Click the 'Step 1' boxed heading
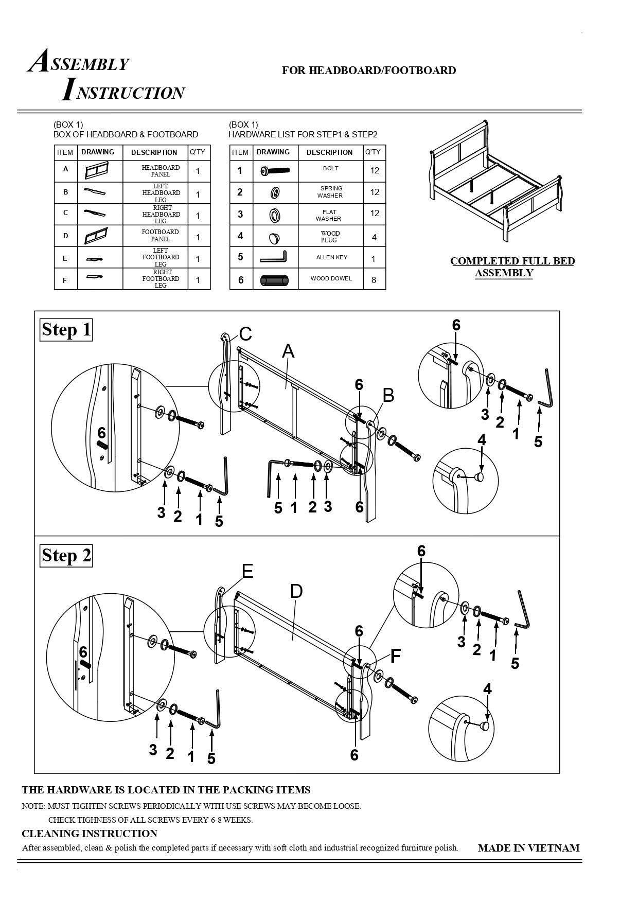coord(66,329)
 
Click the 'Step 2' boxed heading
coord(66,556)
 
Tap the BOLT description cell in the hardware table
coord(330,169)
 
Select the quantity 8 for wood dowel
coord(374,280)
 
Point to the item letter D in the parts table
coord(65,236)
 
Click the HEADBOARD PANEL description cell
coord(161,171)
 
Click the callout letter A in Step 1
coord(288,351)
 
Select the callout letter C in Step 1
coord(245,334)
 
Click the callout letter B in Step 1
coord(388,395)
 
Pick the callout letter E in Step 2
coord(247,571)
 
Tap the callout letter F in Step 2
coord(395,657)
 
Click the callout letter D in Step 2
coord(296,592)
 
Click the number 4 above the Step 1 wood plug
coord(482,440)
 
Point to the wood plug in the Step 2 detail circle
coord(485,726)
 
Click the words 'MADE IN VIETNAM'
coord(528,848)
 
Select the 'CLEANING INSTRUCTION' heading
coord(90,834)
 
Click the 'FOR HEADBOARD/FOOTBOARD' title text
coord(368,70)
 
